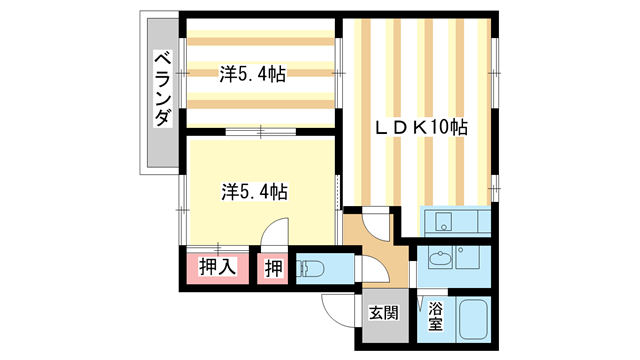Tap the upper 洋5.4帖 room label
click(x=254, y=72)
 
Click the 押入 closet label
click(x=216, y=267)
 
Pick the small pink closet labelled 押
click(x=273, y=267)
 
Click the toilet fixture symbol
click(x=314, y=268)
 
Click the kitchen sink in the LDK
click(x=444, y=221)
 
